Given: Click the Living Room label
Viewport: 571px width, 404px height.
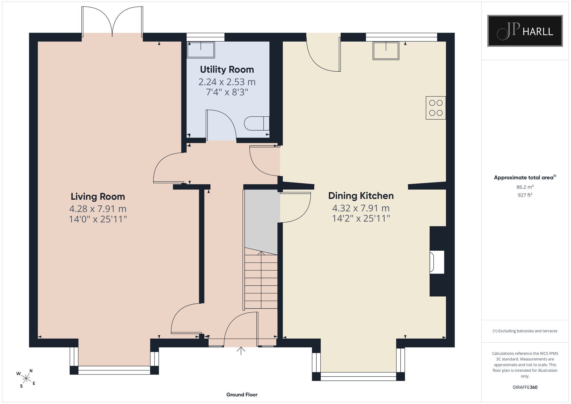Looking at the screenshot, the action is point(98,197).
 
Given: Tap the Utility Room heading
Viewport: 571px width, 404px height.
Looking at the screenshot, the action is point(227,70).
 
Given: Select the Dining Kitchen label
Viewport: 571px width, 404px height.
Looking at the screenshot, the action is point(361,196).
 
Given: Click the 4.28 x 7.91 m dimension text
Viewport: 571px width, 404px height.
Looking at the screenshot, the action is point(98,209).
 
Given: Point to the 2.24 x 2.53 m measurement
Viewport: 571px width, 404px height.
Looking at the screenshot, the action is point(227,82).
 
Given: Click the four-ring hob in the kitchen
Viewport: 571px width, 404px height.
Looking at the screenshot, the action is point(436,108).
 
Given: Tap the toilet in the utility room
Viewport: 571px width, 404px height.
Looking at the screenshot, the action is point(257,123).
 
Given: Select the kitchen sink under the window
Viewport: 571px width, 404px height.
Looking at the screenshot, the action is point(386,51).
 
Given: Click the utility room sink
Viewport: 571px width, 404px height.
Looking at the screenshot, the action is point(201,50).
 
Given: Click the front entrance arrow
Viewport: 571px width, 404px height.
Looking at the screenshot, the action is point(241,351).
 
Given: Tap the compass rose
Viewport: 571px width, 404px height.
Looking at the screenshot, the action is point(26,379).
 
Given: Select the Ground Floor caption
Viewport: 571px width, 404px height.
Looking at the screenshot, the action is point(242,395).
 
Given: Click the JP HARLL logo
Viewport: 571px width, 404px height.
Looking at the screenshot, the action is point(525,31).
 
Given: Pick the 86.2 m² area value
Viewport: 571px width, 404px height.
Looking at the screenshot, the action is point(525,187).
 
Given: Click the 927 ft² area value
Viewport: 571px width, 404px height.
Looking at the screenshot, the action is point(525,195).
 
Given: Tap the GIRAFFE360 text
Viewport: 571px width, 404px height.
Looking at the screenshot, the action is point(525,387).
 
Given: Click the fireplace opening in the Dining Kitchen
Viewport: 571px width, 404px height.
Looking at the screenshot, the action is point(437,262).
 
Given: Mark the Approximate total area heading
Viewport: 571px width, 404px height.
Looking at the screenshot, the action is point(525,177).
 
